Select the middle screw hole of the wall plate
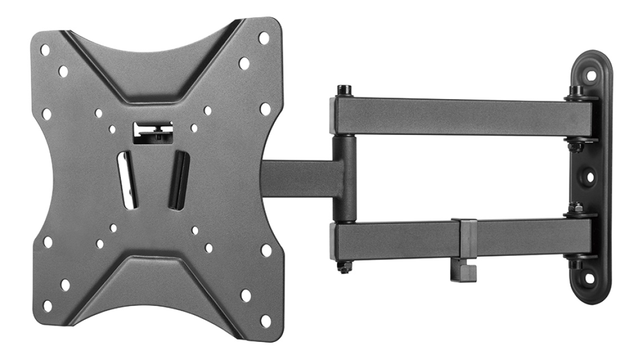click(590, 177)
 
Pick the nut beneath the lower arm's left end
click(344, 267)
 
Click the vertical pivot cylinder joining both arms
click(344, 179)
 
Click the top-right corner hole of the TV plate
click(263, 38)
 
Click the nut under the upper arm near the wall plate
click(575, 147)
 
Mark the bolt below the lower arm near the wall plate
click(575, 263)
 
